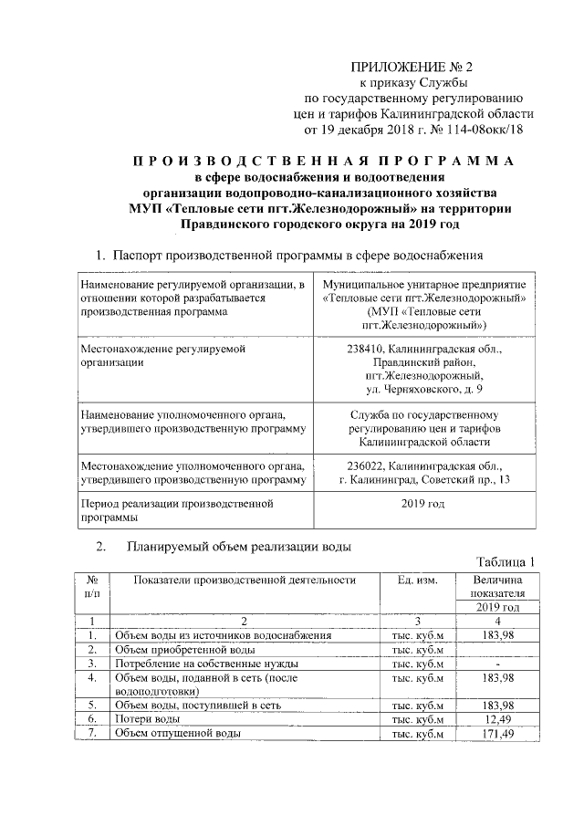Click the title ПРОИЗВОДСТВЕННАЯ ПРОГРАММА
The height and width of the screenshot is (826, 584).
pyautogui.click(x=319, y=161)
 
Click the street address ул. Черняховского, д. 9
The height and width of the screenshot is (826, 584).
pyautogui.click(x=422, y=390)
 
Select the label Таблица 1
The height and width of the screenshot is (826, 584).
pyautogui.click(x=506, y=561)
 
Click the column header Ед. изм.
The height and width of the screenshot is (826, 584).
pyautogui.click(x=417, y=580)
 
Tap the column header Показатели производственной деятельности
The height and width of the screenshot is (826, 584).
pyautogui.click(x=243, y=580)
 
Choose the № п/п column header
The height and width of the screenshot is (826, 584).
pyautogui.click(x=92, y=587)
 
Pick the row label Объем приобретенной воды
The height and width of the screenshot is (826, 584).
pyautogui.click(x=183, y=649)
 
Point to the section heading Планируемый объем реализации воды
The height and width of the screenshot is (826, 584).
pyautogui.click(x=239, y=547)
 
